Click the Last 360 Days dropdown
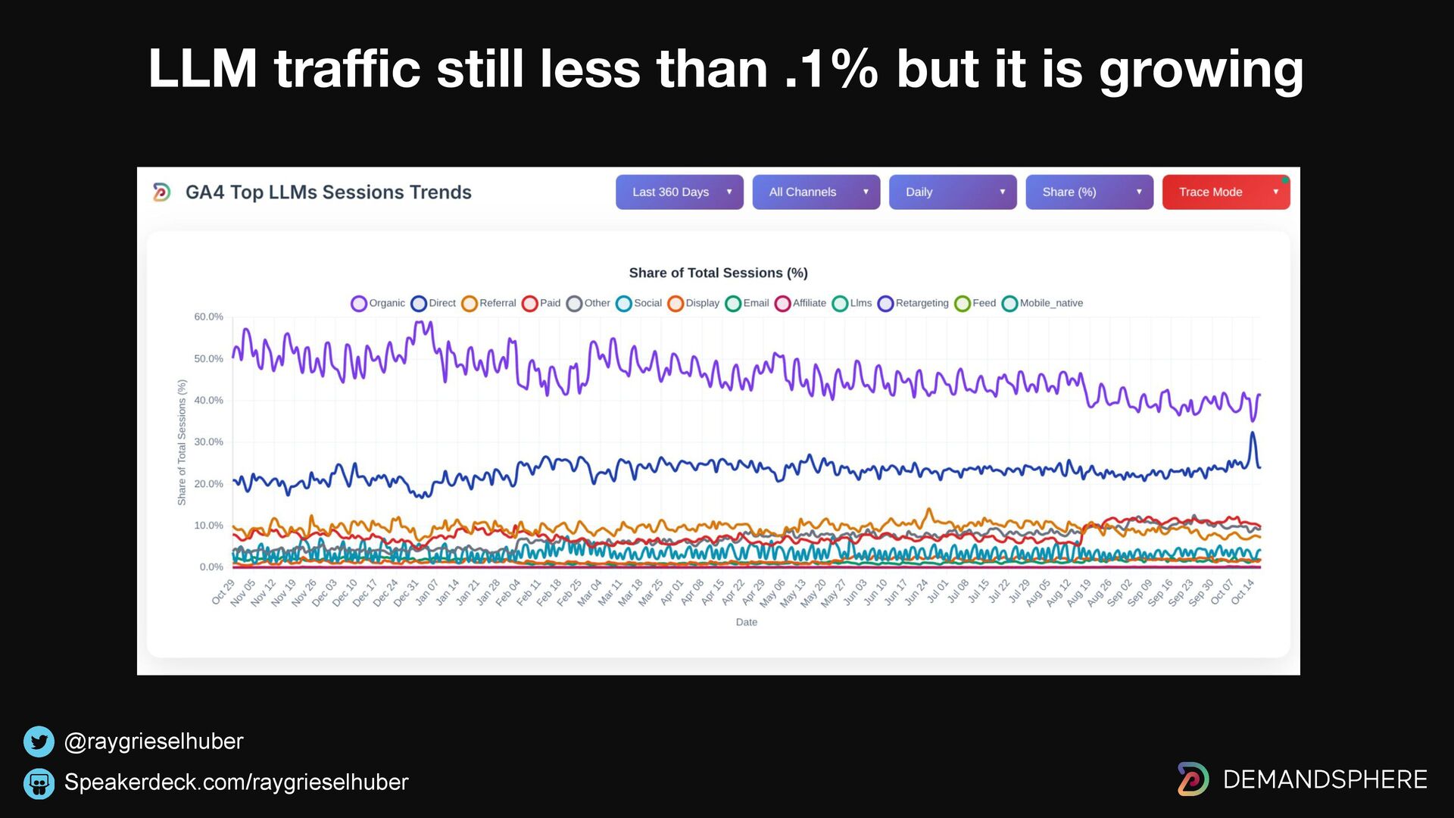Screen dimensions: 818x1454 point(679,192)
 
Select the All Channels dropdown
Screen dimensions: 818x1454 point(816,192)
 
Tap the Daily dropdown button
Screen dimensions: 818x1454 point(952,192)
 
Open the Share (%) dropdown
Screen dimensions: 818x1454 point(1089,192)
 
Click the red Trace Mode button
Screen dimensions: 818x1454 point(1225,192)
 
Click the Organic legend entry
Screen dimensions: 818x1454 point(378,303)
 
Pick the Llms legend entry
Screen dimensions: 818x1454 point(852,303)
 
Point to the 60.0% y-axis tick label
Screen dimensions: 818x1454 point(208,317)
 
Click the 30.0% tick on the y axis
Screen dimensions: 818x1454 point(208,442)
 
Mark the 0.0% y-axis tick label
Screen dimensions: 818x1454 point(211,567)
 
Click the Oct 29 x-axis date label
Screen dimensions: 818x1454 point(223,592)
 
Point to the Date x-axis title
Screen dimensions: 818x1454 point(746,622)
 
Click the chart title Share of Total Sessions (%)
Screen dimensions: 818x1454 point(718,273)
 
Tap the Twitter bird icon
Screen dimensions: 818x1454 point(39,742)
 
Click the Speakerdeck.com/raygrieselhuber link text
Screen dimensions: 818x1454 point(236,782)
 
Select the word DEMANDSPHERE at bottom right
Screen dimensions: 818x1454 point(1325,779)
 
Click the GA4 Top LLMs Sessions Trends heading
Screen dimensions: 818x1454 point(328,192)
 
